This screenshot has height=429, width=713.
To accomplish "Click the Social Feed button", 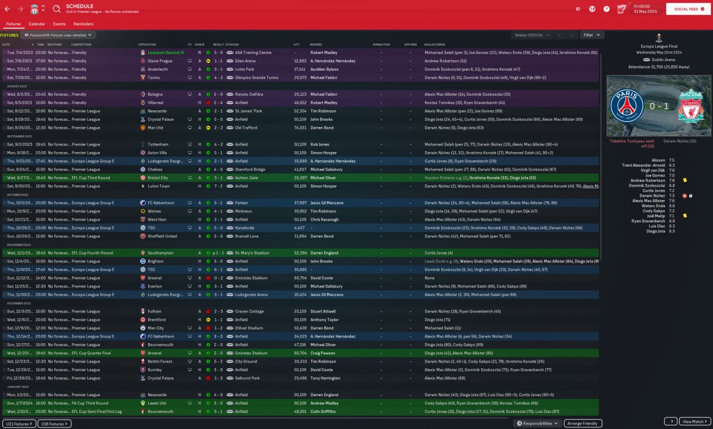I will pyautogui.click(x=688, y=9).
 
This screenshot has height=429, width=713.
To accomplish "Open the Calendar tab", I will pyautogui.click(x=37, y=24).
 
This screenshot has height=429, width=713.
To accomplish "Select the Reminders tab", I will pyautogui.click(x=83, y=24).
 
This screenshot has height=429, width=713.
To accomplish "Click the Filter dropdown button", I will pyautogui.click(x=592, y=35).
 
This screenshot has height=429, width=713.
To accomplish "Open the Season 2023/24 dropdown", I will pyautogui.click(x=532, y=35).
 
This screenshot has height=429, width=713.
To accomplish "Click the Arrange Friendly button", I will pyautogui.click(x=583, y=423).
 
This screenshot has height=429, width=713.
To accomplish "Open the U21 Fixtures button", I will pyautogui.click(x=19, y=424).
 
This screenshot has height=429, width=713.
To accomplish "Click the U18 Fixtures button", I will pyautogui.click(x=55, y=424).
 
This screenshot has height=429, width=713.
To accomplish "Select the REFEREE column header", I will pyautogui.click(x=316, y=45).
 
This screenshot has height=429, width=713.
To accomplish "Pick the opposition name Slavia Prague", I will pyautogui.click(x=160, y=61).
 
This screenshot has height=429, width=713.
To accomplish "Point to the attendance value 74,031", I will pyautogui.click(x=300, y=128).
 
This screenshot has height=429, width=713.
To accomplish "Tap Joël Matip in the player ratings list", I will pyautogui.click(x=655, y=216).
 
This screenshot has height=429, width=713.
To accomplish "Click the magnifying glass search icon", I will pyautogui.click(x=57, y=9).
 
